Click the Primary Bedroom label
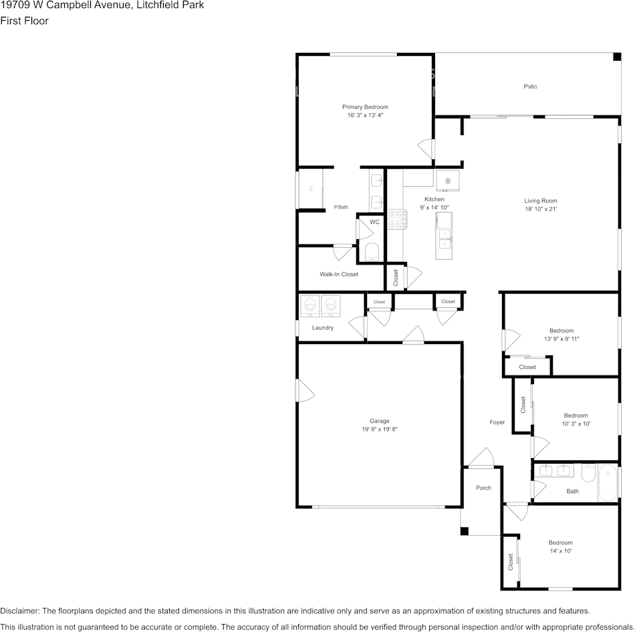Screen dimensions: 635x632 point(365,107)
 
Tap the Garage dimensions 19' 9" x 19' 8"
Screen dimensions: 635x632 point(380,429)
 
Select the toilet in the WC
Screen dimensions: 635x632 point(372,253)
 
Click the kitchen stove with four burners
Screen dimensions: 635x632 point(397,219)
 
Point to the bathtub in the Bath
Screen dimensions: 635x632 point(608,483)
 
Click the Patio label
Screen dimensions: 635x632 point(531,86)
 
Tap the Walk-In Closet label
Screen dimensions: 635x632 point(339,274)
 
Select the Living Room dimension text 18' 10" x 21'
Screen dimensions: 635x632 point(541,209)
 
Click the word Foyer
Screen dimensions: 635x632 point(497,422)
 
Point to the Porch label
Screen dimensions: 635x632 point(483,488)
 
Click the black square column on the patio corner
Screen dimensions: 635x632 point(617,57)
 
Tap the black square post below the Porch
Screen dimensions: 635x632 point(464,530)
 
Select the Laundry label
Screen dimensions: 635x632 point(323,327)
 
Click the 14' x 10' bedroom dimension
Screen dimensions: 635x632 point(561,550)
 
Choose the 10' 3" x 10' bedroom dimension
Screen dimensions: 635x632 point(576,424)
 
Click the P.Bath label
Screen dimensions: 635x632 point(341,207)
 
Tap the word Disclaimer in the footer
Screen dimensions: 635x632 point(19,611)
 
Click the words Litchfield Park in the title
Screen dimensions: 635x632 point(170,5)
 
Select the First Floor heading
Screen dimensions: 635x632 point(24,21)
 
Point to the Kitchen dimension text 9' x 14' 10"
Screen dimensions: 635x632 point(434,207)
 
